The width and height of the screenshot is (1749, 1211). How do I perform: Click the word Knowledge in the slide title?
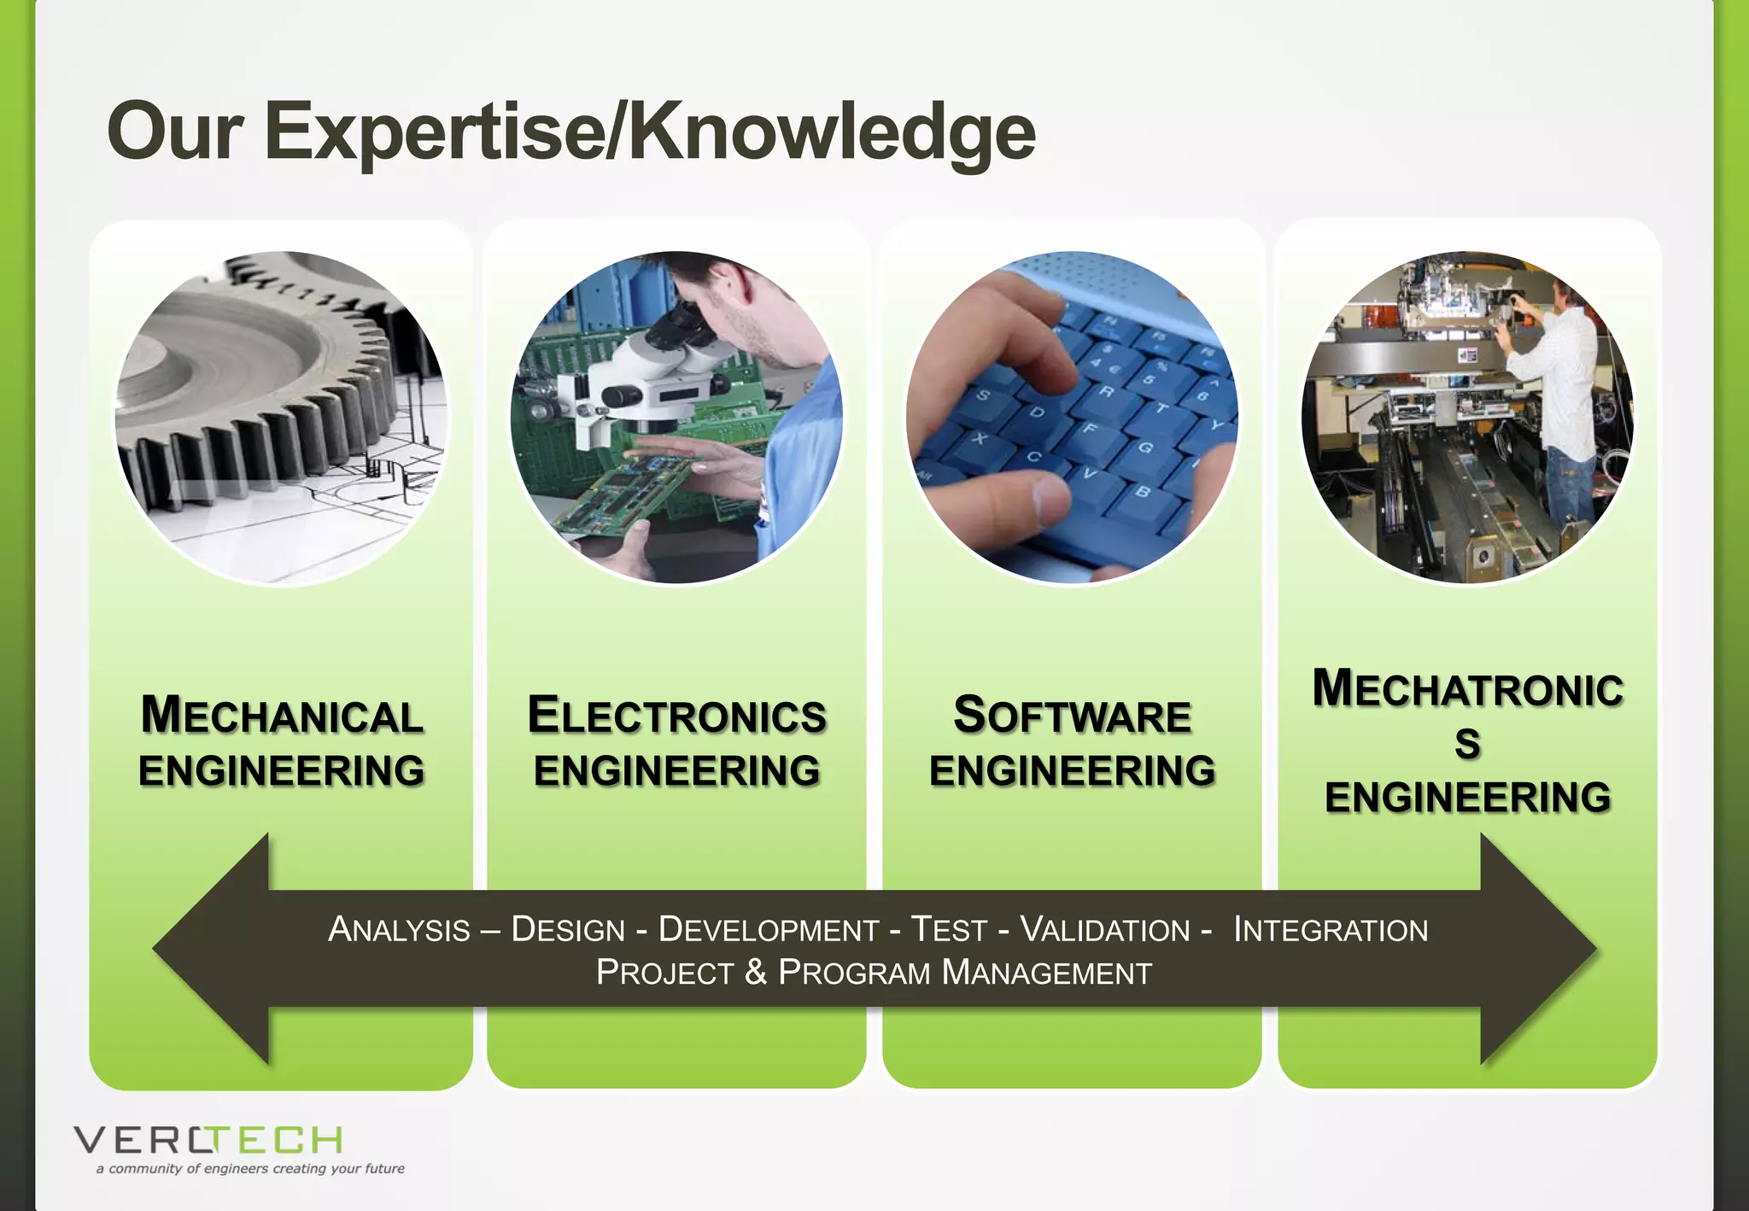pyautogui.click(x=832, y=132)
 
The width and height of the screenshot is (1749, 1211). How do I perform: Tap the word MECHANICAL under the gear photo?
pyautogui.click(x=282, y=716)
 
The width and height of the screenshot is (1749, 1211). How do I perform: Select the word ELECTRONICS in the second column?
pyautogui.click(x=676, y=716)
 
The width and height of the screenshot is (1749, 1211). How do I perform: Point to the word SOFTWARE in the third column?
pyautogui.click(x=1072, y=716)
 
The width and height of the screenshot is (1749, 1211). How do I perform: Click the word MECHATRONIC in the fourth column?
pyautogui.click(x=1467, y=689)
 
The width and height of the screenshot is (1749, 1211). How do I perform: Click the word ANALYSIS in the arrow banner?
pyautogui.click(x=399, y=929)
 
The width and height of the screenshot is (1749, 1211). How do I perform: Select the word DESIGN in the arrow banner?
pyautogui.click(x=568, y=929)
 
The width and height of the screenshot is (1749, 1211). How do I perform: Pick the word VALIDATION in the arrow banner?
pyautogui.click(x=1105, y=929)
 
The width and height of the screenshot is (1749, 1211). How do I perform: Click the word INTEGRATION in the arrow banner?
pyautogui.click(x=1331, y=929)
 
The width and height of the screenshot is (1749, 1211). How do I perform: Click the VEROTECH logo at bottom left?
pyautogui.click(x=208, y=1140)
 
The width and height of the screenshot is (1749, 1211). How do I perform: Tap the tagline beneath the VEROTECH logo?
pyautogui.click(x=250, y=1168)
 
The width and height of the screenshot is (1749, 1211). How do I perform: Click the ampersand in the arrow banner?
pyautogui.click(x=755, y=973)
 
